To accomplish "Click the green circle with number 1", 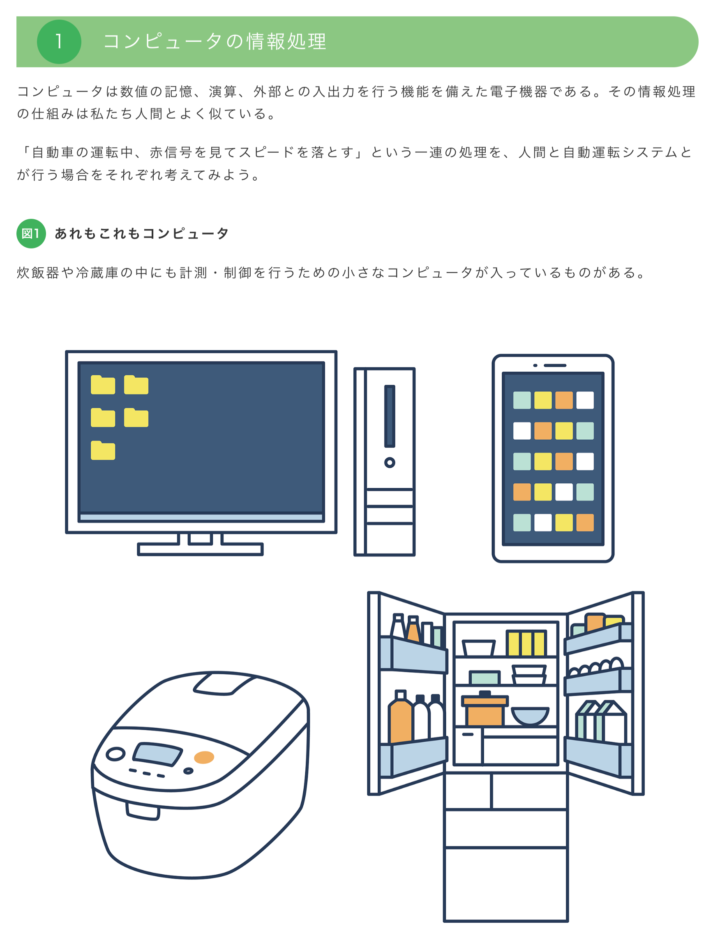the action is pos(59,41).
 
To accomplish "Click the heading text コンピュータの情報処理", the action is pos(215,41).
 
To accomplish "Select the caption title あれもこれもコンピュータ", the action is pos(142,233).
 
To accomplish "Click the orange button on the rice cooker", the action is pos(204,757).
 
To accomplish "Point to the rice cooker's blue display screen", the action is pos(157,754).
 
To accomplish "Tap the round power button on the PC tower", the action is pos(390,462).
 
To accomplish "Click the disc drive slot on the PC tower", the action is pos(390,416).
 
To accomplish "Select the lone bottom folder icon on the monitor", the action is pos(103,450).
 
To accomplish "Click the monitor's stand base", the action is pos(200,549).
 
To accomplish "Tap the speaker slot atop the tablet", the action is pos(555,365).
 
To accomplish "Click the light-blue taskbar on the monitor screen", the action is pos(201,517).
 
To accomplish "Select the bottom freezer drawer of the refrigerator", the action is pos(505,884).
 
